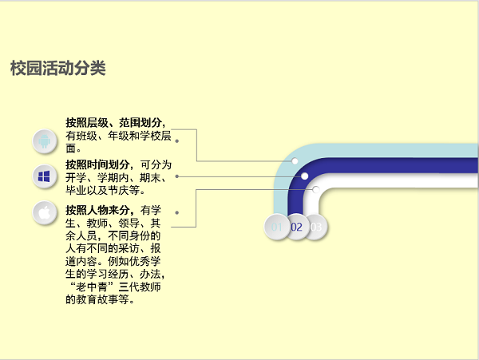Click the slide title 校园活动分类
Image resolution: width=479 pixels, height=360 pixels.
58,69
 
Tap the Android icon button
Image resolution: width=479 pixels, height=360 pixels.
45,141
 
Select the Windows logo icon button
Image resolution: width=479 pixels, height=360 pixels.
45,176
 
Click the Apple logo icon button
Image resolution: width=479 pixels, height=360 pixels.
45,213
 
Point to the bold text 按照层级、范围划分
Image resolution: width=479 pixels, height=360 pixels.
115,123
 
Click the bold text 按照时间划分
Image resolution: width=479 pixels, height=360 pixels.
98,164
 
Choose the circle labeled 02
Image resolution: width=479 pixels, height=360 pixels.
296,227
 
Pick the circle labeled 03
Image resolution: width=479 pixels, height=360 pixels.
316,227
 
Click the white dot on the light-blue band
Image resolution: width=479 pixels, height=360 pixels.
295,162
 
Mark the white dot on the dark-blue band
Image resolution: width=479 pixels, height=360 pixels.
305,176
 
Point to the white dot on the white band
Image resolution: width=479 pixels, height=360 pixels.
315,189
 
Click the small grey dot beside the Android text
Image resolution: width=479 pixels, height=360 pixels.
176,141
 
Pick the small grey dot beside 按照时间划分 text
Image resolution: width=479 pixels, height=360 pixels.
176,176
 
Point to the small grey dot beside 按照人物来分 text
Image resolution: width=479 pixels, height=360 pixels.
176,212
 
